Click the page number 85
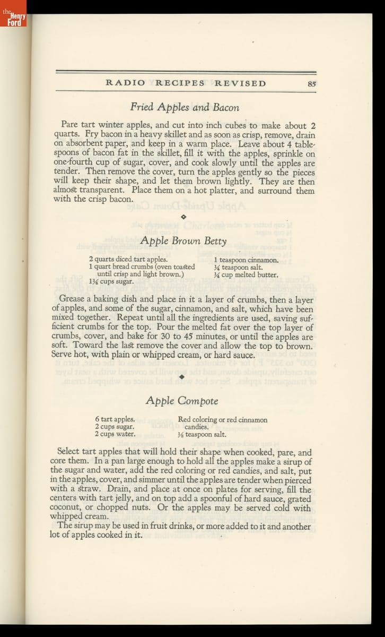click(x=311, y=83)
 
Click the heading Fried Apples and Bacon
click(x=185, y=107)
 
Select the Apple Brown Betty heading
click(x=183, y=240)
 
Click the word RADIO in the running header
click(x=126, y=83)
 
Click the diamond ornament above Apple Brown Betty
click(x=183, y=217)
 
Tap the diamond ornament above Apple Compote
click(x=183, y=376)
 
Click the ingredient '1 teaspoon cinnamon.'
click(x=246, y=260)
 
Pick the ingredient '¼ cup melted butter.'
click(x=246, y=275)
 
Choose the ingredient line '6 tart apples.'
click(x=115, y=419)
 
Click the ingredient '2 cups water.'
click(x=115, y=434)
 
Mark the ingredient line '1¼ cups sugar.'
click(x=111, y=282)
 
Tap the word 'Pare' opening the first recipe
click(x=69, y=126)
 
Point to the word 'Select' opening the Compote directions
click(x=68, y=452)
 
